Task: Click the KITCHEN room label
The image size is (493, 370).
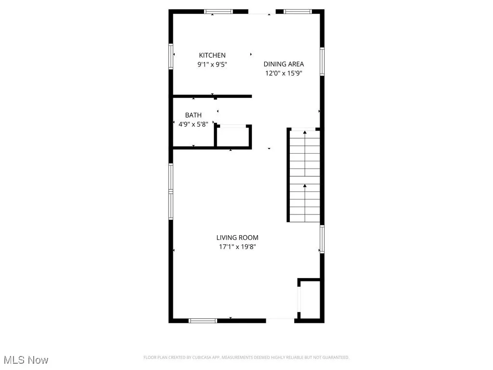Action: click(x=212, y=55)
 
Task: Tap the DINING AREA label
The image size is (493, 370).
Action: click(x=284, y=64)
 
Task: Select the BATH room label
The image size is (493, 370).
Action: click(x=193, y=115)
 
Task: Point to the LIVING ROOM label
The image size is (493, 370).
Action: click(x=237, y=238)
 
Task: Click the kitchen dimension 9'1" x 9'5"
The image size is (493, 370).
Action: click(x=212, y=64)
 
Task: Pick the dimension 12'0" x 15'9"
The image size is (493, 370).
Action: click(x=284, y=73)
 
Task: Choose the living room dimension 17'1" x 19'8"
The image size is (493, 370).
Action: click(x=237, y=247)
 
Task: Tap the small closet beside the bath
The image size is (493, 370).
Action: click(x=233, y=136)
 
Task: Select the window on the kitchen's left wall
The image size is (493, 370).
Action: click(x=171, y=56)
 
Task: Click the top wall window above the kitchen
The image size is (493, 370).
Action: click(x=218, y=12)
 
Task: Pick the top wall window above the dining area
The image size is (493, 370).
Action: click(x=297, y=12)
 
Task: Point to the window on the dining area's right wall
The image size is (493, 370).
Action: click(x=322, y=61)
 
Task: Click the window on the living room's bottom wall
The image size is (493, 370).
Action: click(x=203, y=320)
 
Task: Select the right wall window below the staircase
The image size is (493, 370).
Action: click(x=322, y=239)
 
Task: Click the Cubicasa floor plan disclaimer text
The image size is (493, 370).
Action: click(x=246, y=357)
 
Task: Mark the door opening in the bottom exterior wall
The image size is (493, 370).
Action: click(x=280, y=320)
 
